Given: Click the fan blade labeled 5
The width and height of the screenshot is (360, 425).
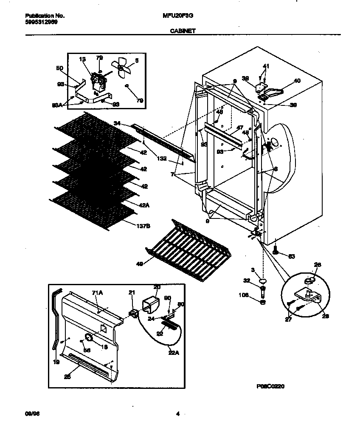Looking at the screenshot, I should [121, 68].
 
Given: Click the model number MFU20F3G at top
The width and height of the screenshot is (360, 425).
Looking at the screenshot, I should [175, 16].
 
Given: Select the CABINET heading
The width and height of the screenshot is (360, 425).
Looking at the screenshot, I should [180, 31].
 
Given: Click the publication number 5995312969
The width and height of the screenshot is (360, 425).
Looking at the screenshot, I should [39, 22].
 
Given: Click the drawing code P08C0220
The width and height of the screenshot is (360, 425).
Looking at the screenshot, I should [270, 386].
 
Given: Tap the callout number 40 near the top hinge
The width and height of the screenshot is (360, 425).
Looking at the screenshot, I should [296, 80].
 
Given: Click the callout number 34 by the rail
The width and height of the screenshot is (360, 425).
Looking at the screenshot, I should [118, 123].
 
